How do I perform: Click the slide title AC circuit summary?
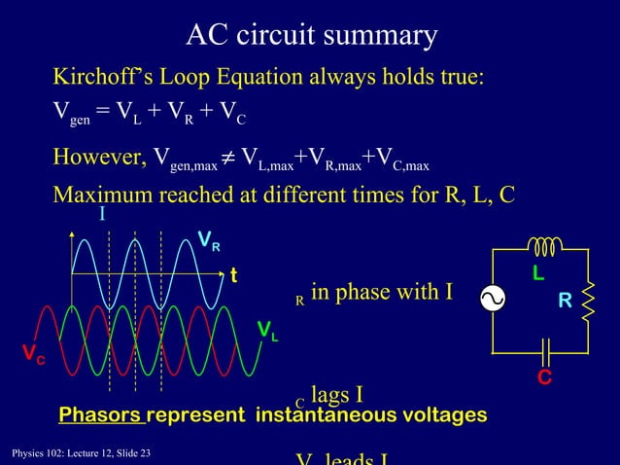[312, 36]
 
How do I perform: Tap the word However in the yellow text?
[96, 158]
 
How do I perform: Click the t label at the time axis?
[232, 275]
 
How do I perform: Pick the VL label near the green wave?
[266, 332]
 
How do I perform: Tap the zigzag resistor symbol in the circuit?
[587, 302]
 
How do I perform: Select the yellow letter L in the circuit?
[537, 275]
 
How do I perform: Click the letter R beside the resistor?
[564, 302]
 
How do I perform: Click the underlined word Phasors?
[101, 415]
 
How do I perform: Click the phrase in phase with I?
[382, 292]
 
